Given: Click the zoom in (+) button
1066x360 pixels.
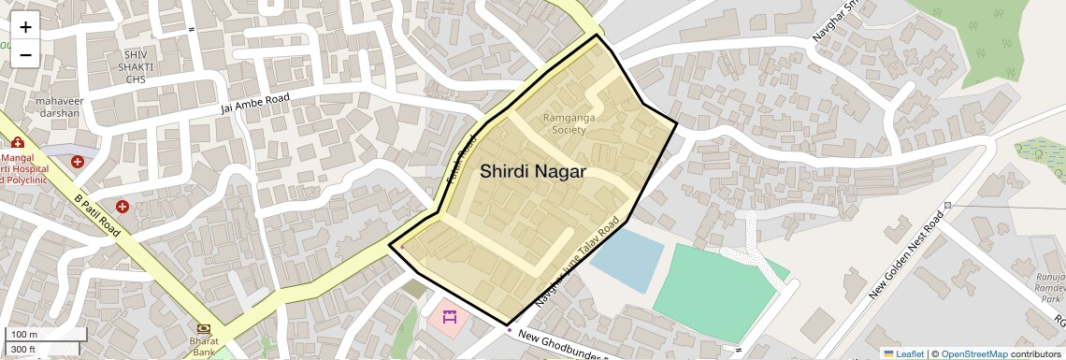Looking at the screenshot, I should click(x=25, y=26).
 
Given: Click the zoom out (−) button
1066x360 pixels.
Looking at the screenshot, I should click(x=25, y=54).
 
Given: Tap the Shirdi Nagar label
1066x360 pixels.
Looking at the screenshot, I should click(x=533, y=172).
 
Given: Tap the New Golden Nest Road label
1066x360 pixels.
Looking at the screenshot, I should click(x=907, y=254).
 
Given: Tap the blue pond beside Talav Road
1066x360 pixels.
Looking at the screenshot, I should click(x=627, y=257).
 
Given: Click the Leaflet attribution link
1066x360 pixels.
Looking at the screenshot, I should click(x=903, y=353).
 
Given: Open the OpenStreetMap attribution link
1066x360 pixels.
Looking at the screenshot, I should click(x=973, y=353).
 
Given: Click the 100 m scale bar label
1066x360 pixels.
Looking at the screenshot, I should click(x=24, y=335).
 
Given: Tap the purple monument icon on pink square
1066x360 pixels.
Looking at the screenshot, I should click(x=450, y=317).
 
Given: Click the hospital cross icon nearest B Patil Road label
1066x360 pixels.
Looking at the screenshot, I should click(x=122, y=206).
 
